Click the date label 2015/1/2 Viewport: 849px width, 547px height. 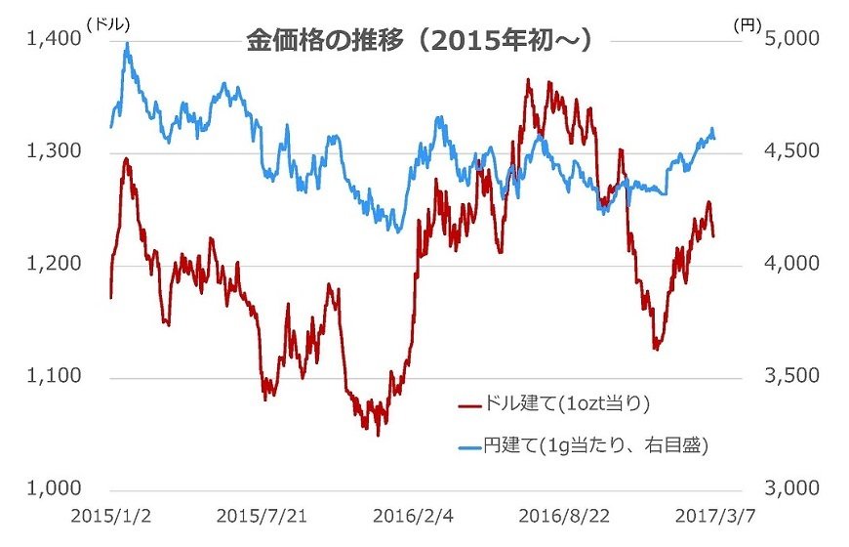click(x=108, y=515)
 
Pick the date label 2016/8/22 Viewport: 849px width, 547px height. click(x=560, y=515)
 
